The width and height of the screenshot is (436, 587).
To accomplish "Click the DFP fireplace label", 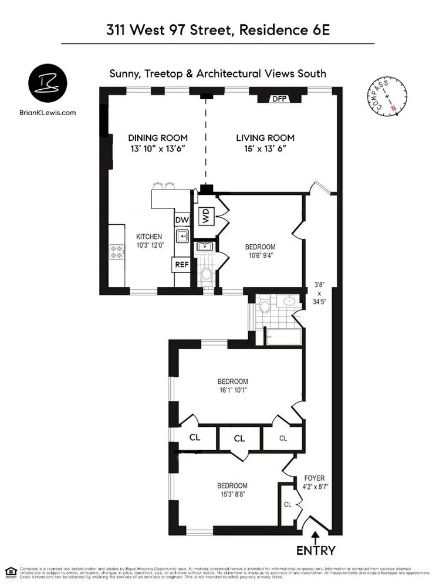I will pos(279,99).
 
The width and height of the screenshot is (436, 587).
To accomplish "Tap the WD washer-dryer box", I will pos(206,216).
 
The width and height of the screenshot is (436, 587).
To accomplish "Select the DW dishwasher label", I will pos(181,220).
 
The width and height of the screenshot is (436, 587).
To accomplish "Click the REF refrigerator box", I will pos(181,265).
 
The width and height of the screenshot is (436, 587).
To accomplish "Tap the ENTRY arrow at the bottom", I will pos(316,536).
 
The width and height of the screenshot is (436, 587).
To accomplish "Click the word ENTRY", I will pos(316,551).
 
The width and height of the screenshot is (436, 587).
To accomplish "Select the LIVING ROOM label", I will pos(265,138).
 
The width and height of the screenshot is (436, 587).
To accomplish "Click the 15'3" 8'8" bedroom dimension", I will pos(232,495).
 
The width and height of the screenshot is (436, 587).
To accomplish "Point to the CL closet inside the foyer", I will pos(288,504).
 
